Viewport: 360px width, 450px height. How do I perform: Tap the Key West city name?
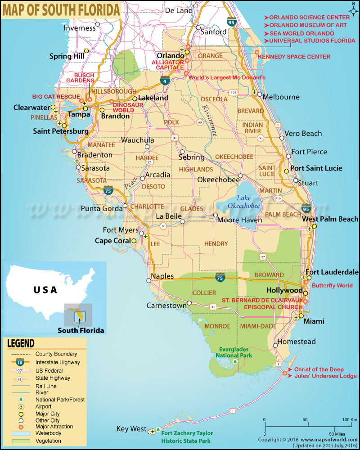(131, 429)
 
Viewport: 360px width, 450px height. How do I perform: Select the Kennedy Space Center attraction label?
(297, 57)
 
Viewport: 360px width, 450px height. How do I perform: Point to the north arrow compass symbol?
(352, 8)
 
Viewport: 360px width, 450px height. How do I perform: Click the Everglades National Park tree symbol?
(234, 360)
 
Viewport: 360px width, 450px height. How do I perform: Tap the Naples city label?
(162, 276)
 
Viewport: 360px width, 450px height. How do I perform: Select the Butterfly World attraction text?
(332, 286)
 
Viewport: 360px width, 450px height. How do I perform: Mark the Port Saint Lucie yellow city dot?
(287, 171)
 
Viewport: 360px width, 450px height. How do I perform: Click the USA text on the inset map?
(45, 290)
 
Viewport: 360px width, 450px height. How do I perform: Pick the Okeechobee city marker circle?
(241, 176)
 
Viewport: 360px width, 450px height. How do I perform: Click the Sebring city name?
(191, 157)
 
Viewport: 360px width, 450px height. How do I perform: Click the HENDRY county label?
(216, 243)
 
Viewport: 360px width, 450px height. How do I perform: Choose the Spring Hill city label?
(67, 56)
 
